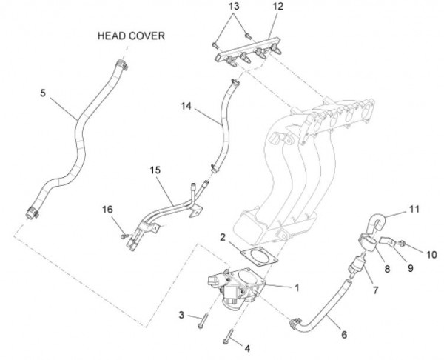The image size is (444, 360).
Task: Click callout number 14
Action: pyautogui.click(x=185, y=106)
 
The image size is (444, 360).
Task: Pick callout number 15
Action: pyautogui.click(x=154, y=170)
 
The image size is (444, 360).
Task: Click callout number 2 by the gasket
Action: pyautogui.click(x=222, y=237)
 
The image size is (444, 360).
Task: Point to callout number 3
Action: pyautogui.click(x=181, y=316)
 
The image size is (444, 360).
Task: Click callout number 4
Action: pyautogui.click(x=248, y=348)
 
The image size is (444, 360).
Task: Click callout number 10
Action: pyautogui.click(x=431, y=253)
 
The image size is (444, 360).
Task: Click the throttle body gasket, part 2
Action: pyautogui.click(x=258, y=254)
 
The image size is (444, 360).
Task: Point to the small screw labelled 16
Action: pyautogui.click(x=124, y=236)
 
